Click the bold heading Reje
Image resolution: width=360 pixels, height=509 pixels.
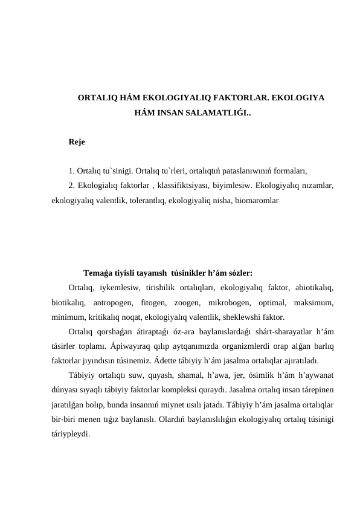click(x=77, y=143)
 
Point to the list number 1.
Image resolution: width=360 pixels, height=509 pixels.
click(x=71, y=170)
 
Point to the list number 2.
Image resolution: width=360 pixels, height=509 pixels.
click(x=71, y=185)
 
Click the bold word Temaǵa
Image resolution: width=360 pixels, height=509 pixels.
click(x=99, y=272)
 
